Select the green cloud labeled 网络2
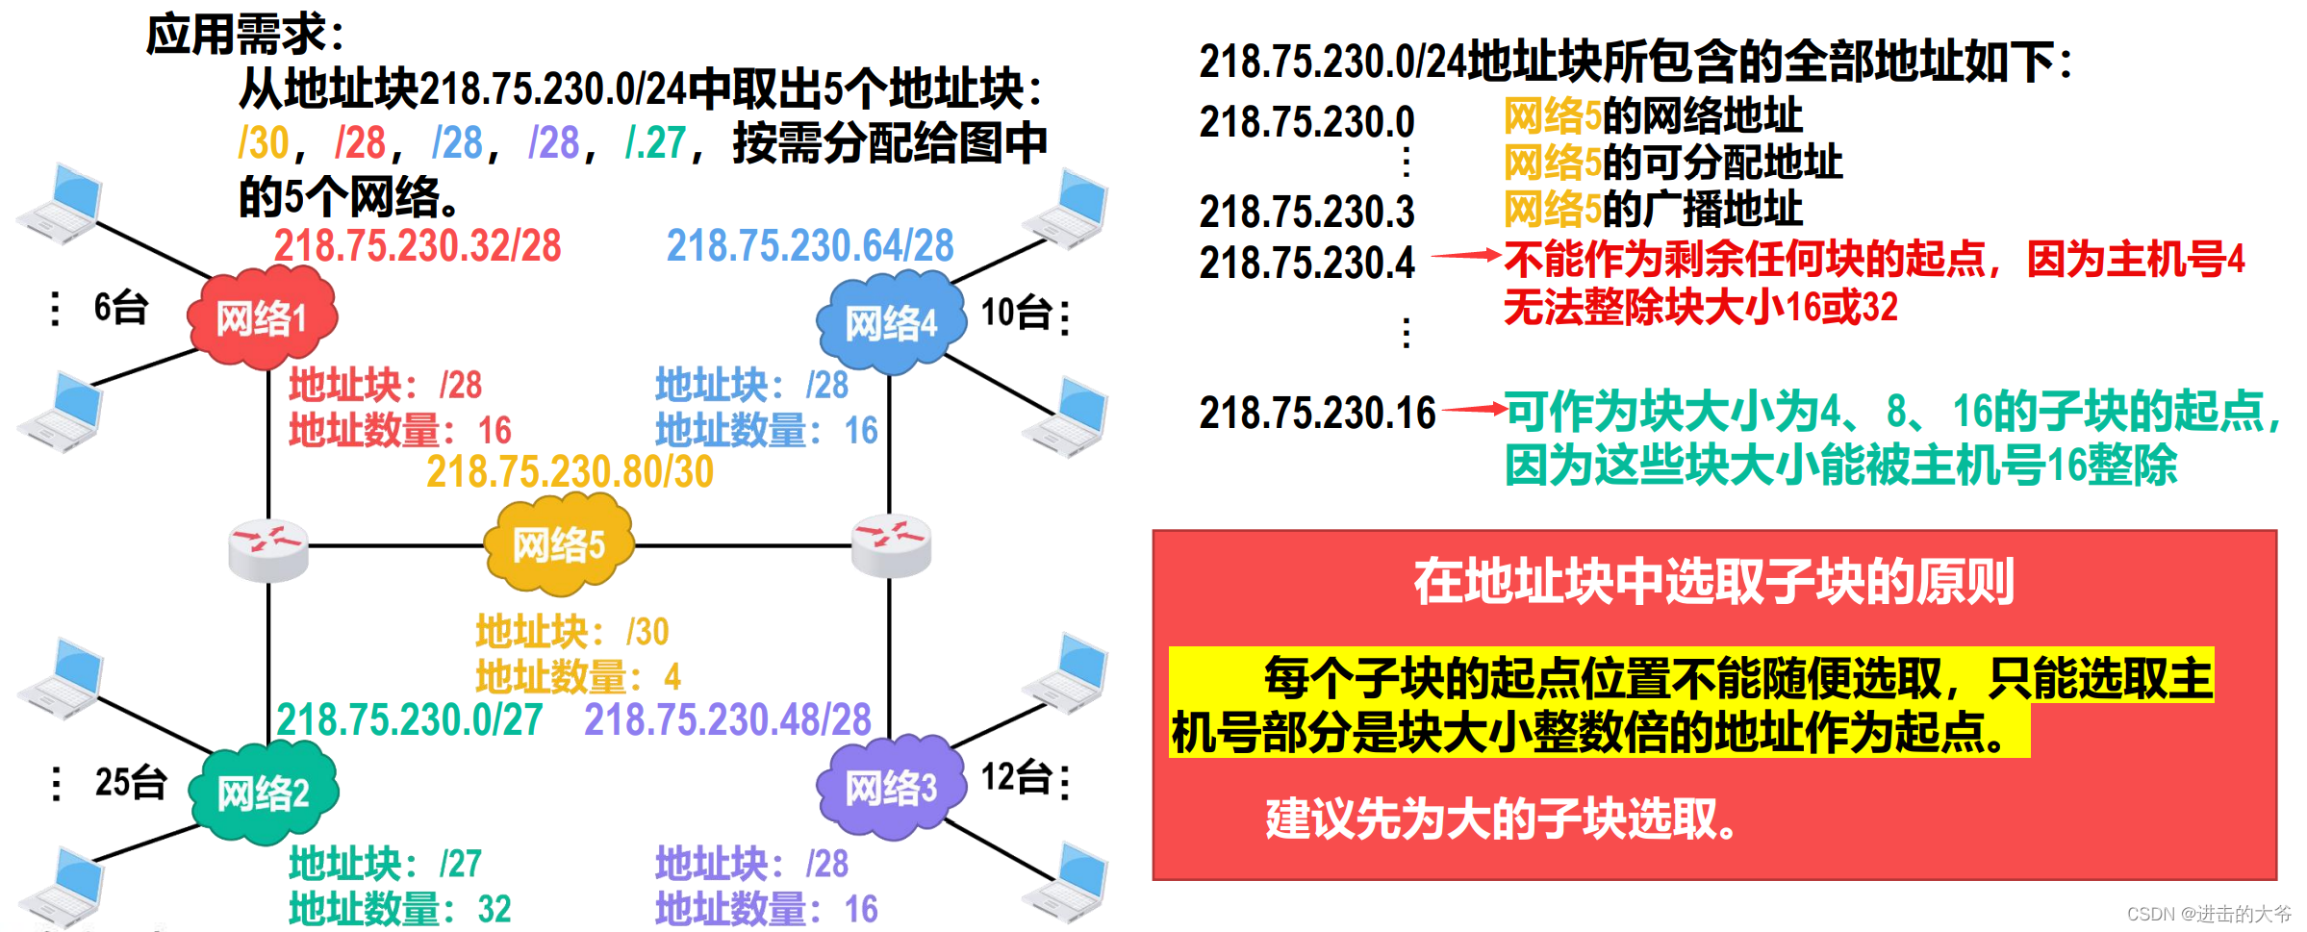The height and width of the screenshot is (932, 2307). pos(263,793)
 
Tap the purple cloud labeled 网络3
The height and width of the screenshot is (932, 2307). pos(891,788)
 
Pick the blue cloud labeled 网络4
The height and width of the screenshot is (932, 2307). pos(891,323)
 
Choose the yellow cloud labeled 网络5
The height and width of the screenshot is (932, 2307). pos(559,545)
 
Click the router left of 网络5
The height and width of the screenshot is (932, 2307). pos(268,549)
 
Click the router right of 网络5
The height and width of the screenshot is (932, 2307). pos(892,545)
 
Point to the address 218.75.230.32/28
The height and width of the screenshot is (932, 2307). pos(417,246)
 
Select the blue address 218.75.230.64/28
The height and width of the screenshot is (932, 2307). pos(810,246)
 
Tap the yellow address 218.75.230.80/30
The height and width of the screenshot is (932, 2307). pos(570,472)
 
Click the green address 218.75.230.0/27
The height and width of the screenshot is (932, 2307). pos(410,720)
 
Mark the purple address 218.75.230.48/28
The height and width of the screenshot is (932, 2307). pos(727,720)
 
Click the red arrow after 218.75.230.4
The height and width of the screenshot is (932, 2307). pos(1466,256)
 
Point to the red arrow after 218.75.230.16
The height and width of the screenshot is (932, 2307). pos(1473,410)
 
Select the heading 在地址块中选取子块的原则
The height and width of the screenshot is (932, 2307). pos(1713,582)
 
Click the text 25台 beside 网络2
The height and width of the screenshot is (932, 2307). pos(131,783)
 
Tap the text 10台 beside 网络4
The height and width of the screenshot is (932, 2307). pos(1016,314)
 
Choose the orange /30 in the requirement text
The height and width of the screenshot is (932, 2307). pos(264,143)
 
